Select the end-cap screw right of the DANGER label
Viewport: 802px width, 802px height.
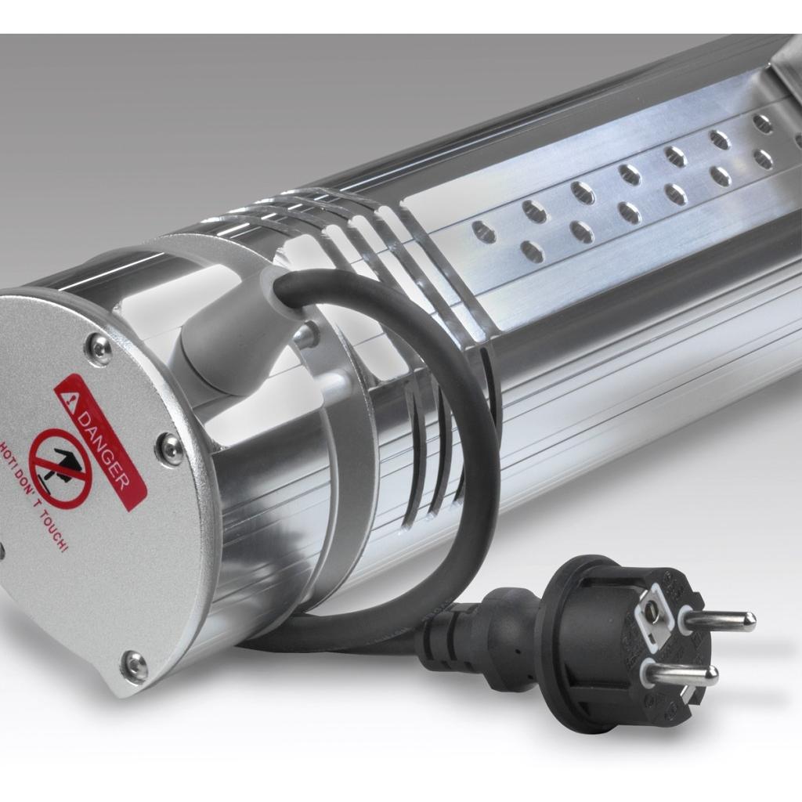point(171,446)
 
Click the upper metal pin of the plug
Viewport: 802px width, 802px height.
point(717,618)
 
